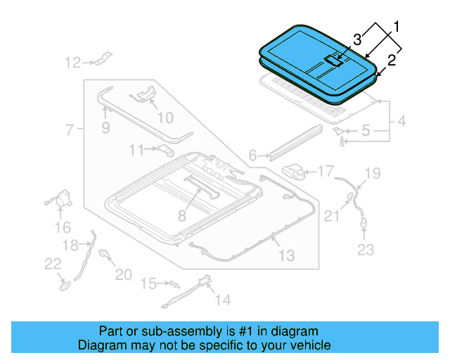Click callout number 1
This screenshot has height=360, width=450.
[x=396, y=28]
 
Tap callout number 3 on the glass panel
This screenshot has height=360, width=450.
[x=357, y=38]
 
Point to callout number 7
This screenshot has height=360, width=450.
[x=70, y=129]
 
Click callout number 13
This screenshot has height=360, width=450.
[x=287, y=255]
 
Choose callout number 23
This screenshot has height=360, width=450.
[x=366, y=249]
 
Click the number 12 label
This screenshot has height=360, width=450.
[x=73, y=63]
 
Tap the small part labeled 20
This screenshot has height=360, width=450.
[x=106, y=254]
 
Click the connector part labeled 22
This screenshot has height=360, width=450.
[x=65, y=285]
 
